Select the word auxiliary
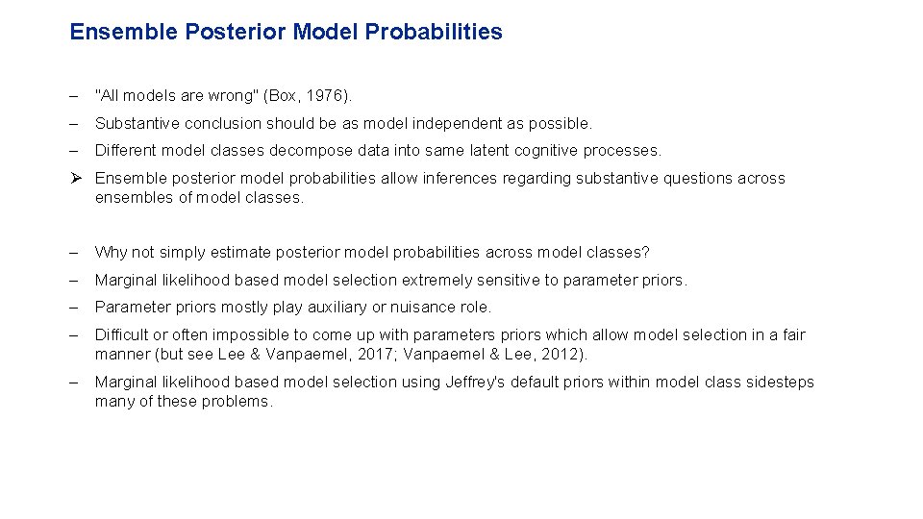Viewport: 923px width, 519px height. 343,307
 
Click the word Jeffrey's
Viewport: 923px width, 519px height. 475,382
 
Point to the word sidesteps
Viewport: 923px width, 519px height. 780,382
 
